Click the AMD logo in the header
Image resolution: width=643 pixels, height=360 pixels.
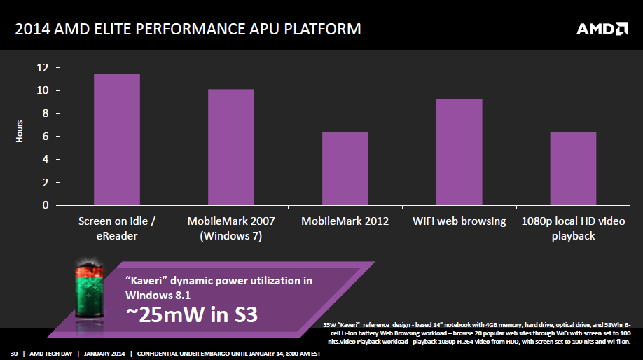coord(602,29)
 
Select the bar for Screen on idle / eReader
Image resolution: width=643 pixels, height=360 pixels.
coord(117,139)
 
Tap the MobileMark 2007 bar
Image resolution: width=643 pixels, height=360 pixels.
coord(230,147)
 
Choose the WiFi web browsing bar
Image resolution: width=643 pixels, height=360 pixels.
coord(459,152)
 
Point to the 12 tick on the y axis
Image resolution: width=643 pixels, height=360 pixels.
coord(43,68)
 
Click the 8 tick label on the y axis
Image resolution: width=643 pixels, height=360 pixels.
coord(45,113)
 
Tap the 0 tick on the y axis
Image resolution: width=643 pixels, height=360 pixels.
coord(46,205)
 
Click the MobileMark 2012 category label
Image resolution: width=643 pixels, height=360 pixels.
coord(345,221)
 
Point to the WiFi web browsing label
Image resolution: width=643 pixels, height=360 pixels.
coord(459,221)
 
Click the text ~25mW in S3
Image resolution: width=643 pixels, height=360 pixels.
coord(191,314)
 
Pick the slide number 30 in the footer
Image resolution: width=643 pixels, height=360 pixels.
coord(13,352)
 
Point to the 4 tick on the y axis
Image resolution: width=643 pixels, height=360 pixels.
coord(45,160)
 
